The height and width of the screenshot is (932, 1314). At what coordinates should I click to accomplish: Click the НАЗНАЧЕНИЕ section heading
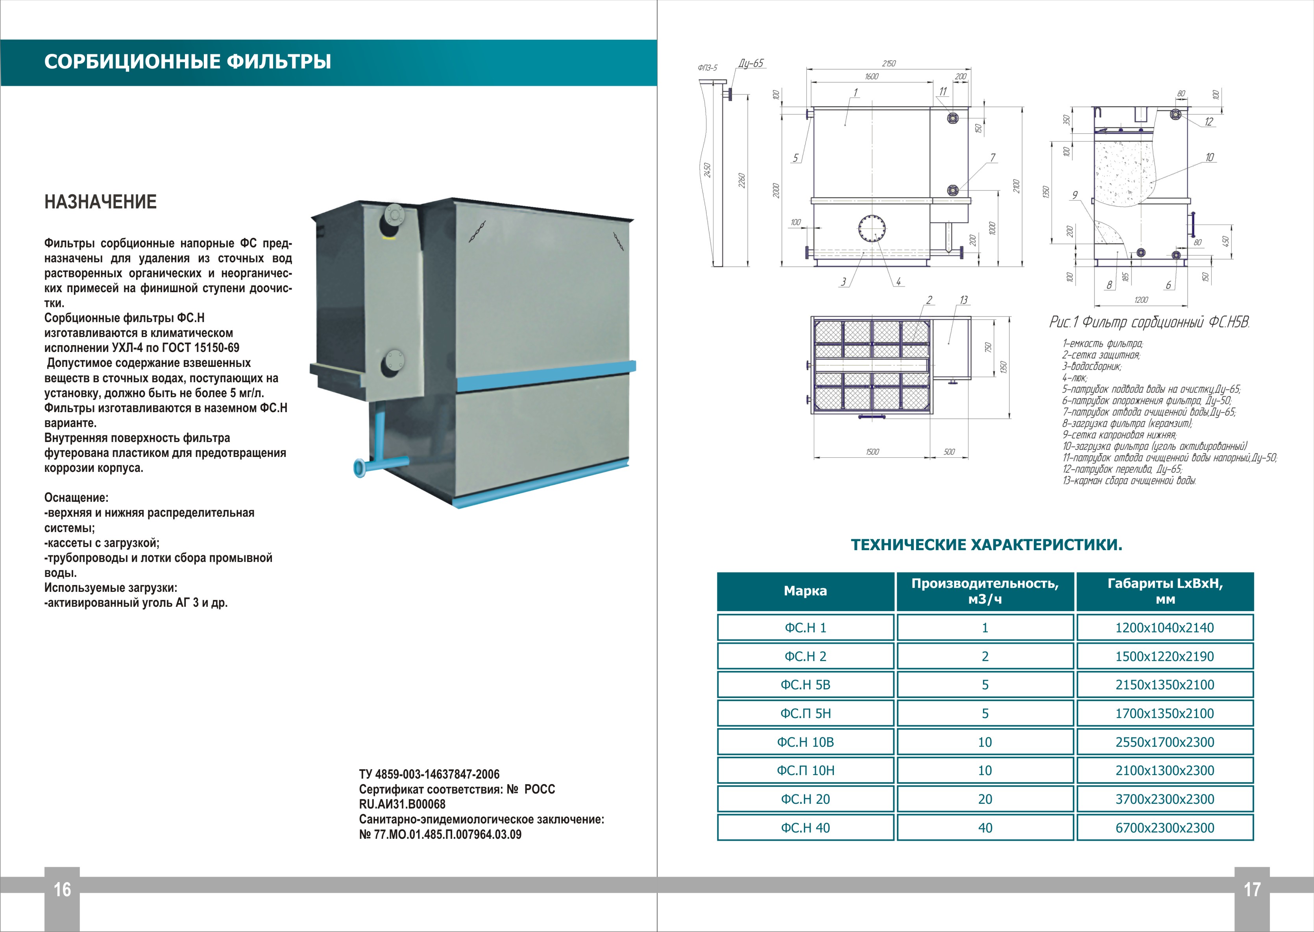100,202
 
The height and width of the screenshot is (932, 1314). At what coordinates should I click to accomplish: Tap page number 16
62,890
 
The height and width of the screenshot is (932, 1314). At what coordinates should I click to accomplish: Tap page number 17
1252,890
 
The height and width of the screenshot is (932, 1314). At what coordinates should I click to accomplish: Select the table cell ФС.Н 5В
805,685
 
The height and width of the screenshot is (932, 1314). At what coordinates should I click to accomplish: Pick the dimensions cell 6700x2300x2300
1165,827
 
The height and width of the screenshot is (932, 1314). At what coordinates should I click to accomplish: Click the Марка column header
805,591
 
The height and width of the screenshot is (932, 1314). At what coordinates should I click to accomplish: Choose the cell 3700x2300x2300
1165,799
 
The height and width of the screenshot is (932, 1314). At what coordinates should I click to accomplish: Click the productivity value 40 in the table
985,827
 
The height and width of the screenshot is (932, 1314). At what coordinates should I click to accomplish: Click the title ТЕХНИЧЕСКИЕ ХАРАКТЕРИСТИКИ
986,545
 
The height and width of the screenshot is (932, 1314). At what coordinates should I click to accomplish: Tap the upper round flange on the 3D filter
394,215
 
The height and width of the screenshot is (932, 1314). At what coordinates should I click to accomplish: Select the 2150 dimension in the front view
889,64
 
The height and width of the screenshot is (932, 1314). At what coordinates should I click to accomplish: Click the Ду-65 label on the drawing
750,64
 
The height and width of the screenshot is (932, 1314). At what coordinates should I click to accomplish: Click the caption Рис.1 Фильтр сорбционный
1149,322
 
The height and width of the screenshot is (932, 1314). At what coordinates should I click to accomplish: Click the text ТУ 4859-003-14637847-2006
429,774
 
